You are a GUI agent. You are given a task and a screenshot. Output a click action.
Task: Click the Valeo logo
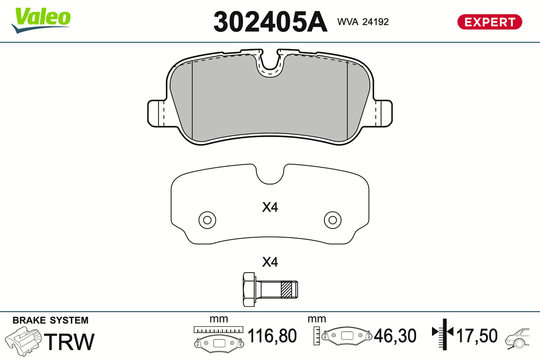tap(41, 20)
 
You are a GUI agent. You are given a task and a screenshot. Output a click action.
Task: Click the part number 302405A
tap(270, 22)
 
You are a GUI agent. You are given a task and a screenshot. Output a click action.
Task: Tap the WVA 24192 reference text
tap(363, 22)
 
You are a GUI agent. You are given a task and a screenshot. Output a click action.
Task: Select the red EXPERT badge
tap(490, 22)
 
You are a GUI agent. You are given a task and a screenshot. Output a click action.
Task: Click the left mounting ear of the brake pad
tap(156, 113)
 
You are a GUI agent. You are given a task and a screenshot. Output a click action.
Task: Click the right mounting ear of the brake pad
tap(384, 113)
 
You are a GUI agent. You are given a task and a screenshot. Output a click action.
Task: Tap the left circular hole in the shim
tap(207, 220)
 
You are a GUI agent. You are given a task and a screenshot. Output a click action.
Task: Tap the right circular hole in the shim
tap(333, 220)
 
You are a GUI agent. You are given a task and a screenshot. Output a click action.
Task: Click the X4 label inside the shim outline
tap(270, 207)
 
